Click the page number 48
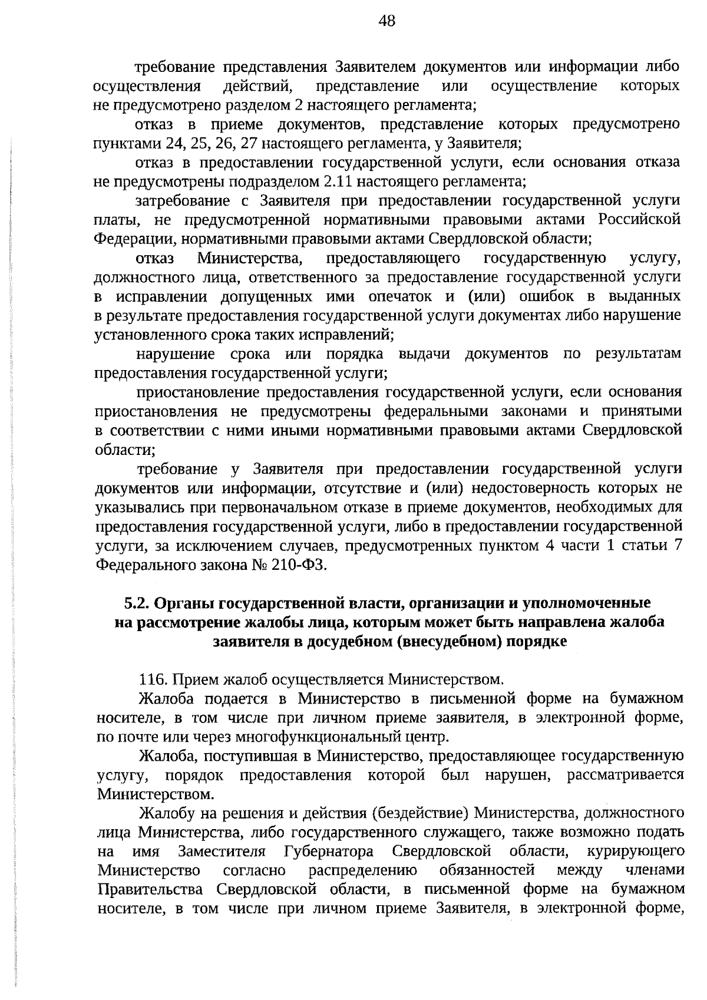click(387, 22)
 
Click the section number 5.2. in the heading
click(138, 603)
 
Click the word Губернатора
click(329, 852)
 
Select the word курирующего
click(636, 852)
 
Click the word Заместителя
click(221, 852)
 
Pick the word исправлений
click(346, 334)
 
